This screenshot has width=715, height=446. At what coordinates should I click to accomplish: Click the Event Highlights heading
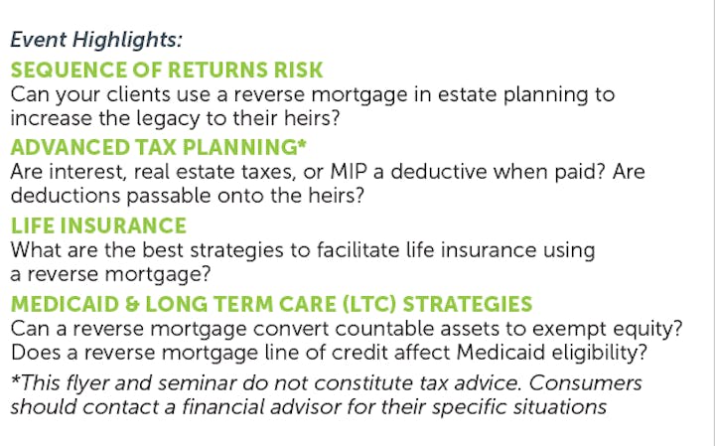[96, 40]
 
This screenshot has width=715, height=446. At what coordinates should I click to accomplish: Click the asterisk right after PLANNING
[302, 144]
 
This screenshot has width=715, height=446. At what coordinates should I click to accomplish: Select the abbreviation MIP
[349, 172]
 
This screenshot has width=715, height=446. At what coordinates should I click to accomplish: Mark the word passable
[168, 196]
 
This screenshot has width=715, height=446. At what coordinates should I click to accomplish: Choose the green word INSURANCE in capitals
[123, 225]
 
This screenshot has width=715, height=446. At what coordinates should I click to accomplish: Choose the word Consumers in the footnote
[585, 383]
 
